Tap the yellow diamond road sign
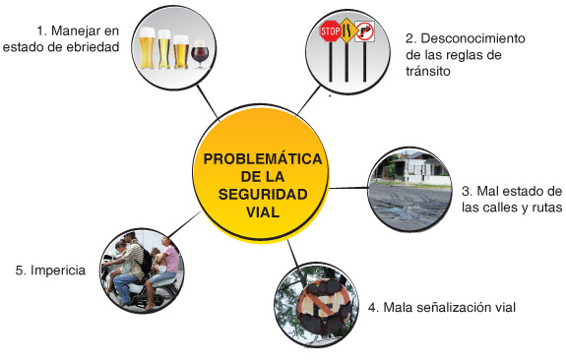point(346,34)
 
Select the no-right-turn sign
point(366,32)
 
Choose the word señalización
point(454,308)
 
